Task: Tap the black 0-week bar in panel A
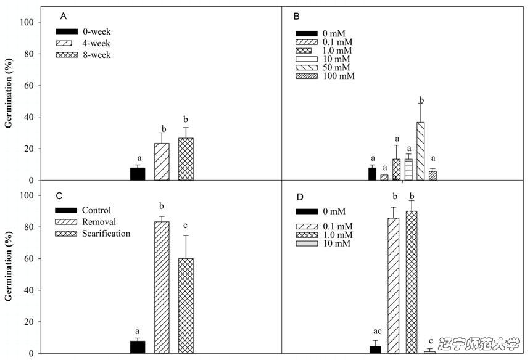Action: point(138,174)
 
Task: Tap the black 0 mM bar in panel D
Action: point(375,350)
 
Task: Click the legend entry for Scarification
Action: point(106,234)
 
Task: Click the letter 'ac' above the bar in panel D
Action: point(375,332)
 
